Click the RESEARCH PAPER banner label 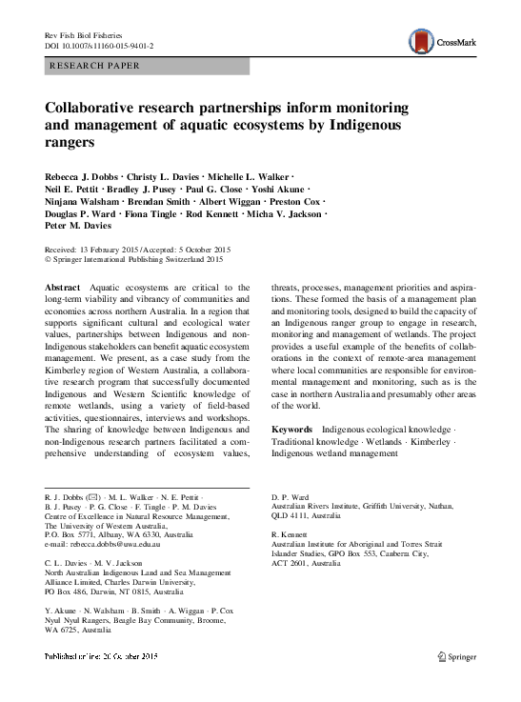(x=91, y=66)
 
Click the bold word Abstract (x=63, y=287)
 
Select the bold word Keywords (x=293, y=430)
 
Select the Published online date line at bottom (x=101, y=684)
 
